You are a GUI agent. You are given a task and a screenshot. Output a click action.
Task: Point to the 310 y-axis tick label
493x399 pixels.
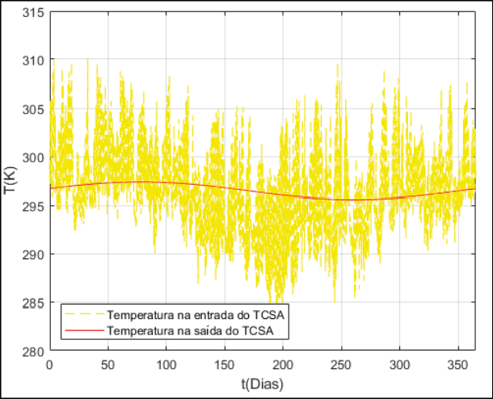click(35, 60)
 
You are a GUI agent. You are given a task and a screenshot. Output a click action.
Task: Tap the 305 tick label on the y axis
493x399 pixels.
click(35, 108)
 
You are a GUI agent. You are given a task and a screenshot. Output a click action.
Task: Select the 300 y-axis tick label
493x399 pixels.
click(35, 157)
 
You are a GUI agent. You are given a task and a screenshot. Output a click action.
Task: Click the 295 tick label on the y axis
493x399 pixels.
click(35, 206)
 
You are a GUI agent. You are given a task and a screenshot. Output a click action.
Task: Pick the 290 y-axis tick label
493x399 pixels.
click(35, 254)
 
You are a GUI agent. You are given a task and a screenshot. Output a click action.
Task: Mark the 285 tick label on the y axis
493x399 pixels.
click(35, 303)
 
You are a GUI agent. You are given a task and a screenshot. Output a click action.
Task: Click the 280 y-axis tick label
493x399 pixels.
click(35, 351)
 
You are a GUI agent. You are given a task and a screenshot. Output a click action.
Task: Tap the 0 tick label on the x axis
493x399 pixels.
click(50, 364)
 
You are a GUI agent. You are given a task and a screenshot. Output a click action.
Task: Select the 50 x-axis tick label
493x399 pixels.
click(108, 364)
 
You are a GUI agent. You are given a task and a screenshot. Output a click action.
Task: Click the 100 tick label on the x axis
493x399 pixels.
click(166, 364)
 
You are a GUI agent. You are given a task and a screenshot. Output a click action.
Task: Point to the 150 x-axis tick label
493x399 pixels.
click(225, 364)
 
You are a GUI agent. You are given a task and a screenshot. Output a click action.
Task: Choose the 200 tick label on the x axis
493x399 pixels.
click(283, 364)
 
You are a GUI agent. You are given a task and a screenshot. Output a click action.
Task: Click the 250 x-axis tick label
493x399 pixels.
click(341, 364)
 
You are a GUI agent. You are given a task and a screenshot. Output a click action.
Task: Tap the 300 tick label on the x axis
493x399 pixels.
click(399, 364)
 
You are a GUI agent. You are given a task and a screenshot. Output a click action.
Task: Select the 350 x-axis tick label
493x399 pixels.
click(457, 364)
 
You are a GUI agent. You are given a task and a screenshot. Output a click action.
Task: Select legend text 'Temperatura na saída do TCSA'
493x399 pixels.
click(193, 330)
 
